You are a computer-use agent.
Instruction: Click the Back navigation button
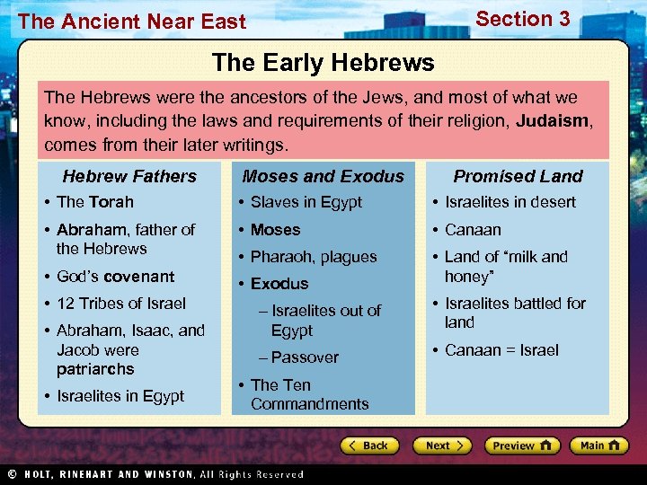369,445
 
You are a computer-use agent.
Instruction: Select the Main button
599,445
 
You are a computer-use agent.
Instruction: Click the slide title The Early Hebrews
323,63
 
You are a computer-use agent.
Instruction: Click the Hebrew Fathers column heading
129,176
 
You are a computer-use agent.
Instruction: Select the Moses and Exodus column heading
323,176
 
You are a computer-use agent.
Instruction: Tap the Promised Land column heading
518,176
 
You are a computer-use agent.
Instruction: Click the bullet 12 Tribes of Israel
120,303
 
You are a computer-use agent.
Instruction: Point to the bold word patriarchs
95,369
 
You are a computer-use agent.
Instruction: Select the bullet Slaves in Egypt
306,202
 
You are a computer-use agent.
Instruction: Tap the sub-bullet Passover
305,357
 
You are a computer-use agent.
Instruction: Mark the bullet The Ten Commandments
309,394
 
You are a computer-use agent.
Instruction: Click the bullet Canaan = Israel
501,349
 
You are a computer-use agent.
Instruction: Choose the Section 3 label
522,19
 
